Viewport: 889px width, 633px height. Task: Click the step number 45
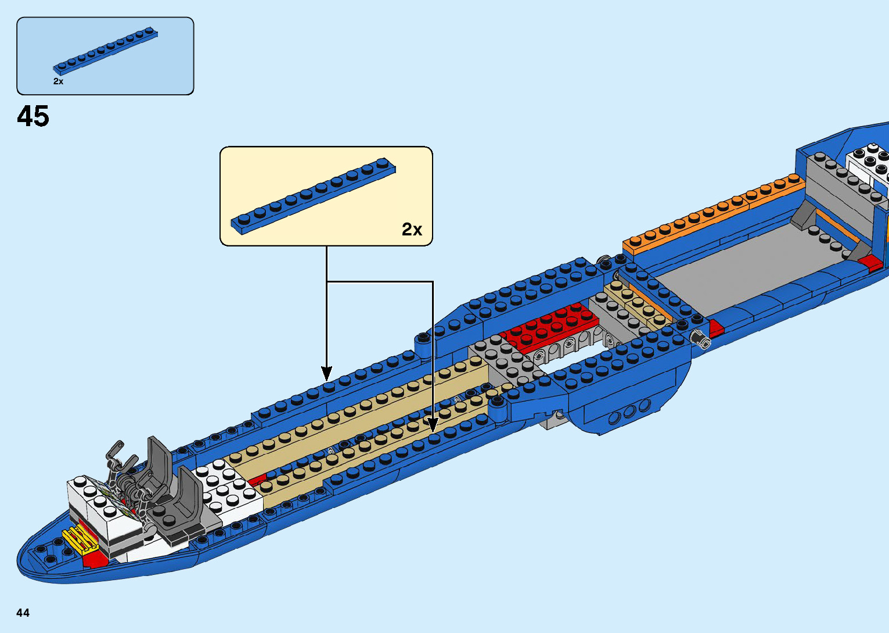point(33,116)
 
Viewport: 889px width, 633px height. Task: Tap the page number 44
point(23,613)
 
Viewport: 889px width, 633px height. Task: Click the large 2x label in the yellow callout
point(412,230)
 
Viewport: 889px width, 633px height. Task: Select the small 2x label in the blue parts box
point(58,81)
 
